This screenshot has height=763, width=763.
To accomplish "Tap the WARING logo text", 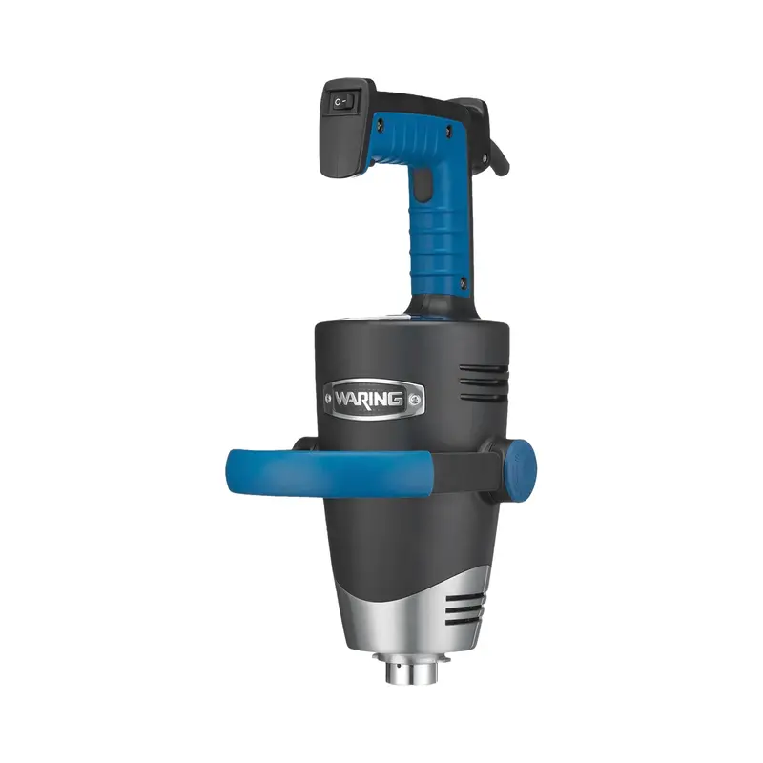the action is pos(369,400).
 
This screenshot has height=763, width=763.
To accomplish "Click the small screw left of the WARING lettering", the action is pos(328,400).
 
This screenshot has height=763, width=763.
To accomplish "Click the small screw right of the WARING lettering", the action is pos(414,400).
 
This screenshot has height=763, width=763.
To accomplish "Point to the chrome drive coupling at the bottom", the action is pos(412,669).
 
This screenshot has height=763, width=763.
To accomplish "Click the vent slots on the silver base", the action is pos(466,610).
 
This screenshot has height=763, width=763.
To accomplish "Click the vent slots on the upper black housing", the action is pos(484,383).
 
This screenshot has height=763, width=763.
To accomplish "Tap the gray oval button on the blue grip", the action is pos(424,186).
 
